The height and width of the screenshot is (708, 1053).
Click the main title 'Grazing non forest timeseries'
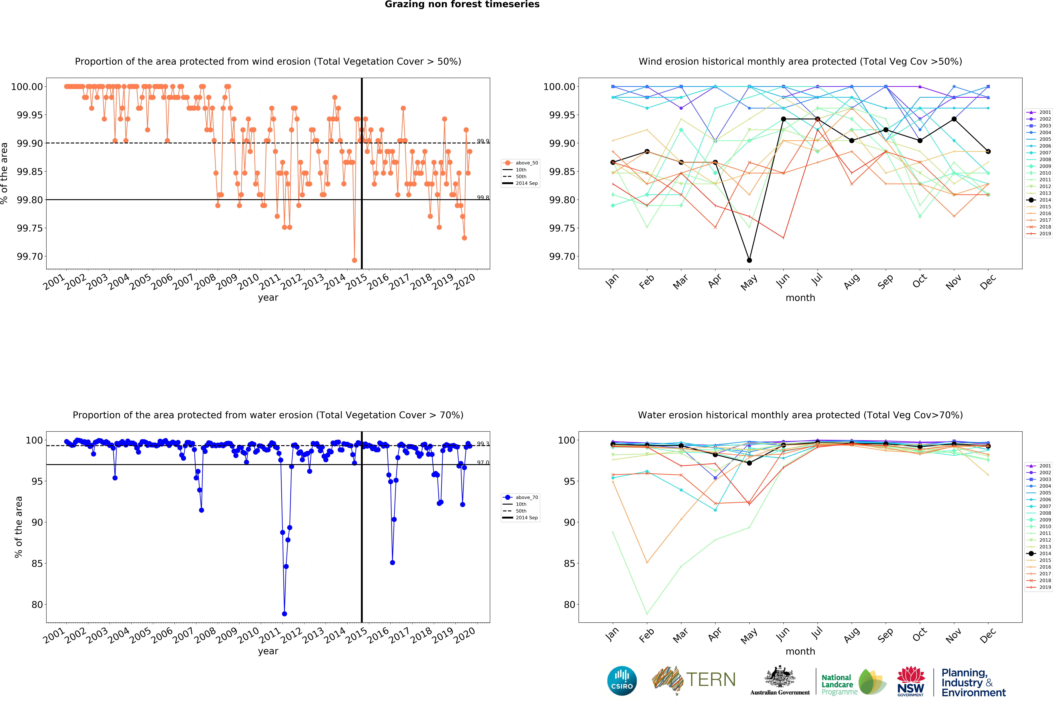pyautogui.click(x=462, y=5)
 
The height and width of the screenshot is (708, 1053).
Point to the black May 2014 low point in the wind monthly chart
pyautogui.click(x=749, y=260)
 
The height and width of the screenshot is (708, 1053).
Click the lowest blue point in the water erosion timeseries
pyautogui.click(x=284, y=614)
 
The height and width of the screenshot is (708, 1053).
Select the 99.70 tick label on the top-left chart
pyautogui.click(x=30, y=257)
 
